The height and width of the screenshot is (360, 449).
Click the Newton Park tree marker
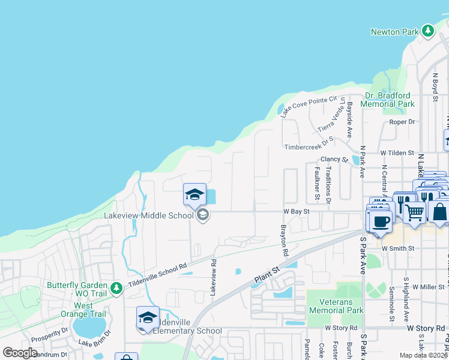pos(427,31)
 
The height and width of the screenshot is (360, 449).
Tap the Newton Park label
pos(394,32)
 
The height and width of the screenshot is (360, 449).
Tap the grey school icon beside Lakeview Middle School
pos(203,215)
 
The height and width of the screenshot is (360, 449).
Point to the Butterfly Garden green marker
pos(116,288)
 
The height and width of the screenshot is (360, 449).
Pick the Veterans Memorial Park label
pos(336,306)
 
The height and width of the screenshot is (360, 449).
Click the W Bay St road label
pos(297,211)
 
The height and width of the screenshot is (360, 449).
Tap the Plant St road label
pos(267,276)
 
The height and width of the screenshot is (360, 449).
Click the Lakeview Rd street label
pos(213,276)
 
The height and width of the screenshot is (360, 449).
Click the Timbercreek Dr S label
pos(309,146)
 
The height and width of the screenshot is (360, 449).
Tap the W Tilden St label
pos(397,154)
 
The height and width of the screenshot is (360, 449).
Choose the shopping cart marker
pos(414,211)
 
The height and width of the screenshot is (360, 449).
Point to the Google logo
pos(20,353)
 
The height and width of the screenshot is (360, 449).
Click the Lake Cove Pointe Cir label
pos(310,106)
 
